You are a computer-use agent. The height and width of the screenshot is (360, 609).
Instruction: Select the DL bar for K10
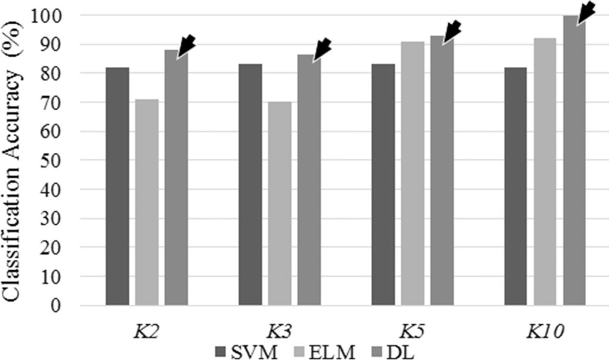tap(575, 161)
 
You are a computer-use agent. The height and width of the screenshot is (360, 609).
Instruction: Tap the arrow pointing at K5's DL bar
tap(451, 30)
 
